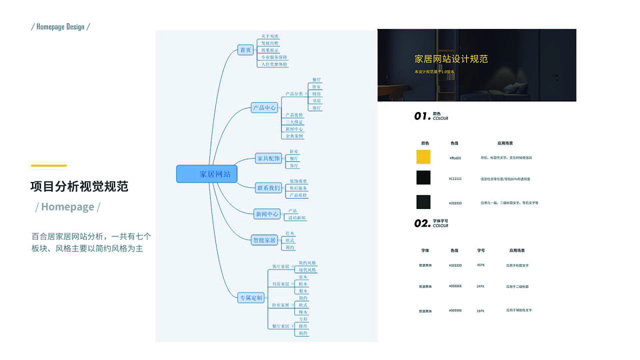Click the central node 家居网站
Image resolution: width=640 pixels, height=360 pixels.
coord(207,174)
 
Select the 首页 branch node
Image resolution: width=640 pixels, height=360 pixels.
coord(245,50)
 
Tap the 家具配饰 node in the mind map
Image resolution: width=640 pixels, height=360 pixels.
coord(268,158)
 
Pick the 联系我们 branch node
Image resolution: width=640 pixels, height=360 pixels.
coord(268,188)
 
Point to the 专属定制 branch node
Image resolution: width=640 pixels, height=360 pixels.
coord(251,298)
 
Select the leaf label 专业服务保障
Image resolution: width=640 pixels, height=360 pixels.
coord(274,57)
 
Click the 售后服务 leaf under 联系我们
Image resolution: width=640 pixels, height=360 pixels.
coord(298,188)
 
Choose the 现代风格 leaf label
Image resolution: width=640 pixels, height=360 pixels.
coord(307,270)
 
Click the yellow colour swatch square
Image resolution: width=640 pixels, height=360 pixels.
coord(423,157)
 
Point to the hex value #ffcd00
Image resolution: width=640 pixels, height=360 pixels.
coord(455,158)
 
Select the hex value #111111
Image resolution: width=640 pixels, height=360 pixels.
coord(455,178)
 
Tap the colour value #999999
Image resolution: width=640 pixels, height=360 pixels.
coord(455,310)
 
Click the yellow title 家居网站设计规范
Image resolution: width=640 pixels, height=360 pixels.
coord(451,59)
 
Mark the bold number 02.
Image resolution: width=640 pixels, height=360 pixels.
coord(422,223)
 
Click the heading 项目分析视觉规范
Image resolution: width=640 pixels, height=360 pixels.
coord(79,186)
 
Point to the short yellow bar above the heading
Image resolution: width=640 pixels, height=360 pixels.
coord(48,165)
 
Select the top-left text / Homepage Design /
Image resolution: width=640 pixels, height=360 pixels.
coord(60,26)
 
